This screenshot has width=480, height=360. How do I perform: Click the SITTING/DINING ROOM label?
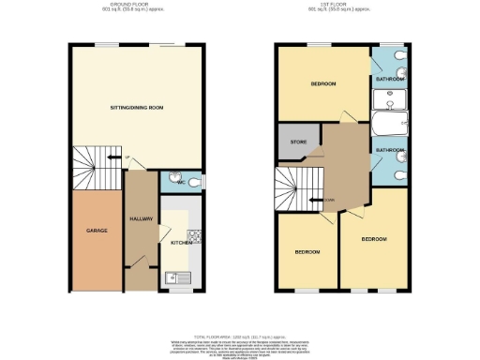pos(137,108)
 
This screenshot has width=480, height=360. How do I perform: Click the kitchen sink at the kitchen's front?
pos(172,277)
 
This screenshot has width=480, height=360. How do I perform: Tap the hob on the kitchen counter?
pos(194,235)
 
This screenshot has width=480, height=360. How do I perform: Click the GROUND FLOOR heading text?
pos(131,6)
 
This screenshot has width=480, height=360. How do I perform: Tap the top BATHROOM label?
pos(389,81)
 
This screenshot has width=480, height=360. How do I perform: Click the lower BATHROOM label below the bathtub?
pos(389,149)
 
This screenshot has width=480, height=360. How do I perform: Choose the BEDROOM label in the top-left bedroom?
pos(323,84)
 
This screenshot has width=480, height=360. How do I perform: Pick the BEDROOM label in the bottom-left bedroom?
pos(308,251)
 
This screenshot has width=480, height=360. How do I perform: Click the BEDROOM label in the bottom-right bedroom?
pos(374,240)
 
